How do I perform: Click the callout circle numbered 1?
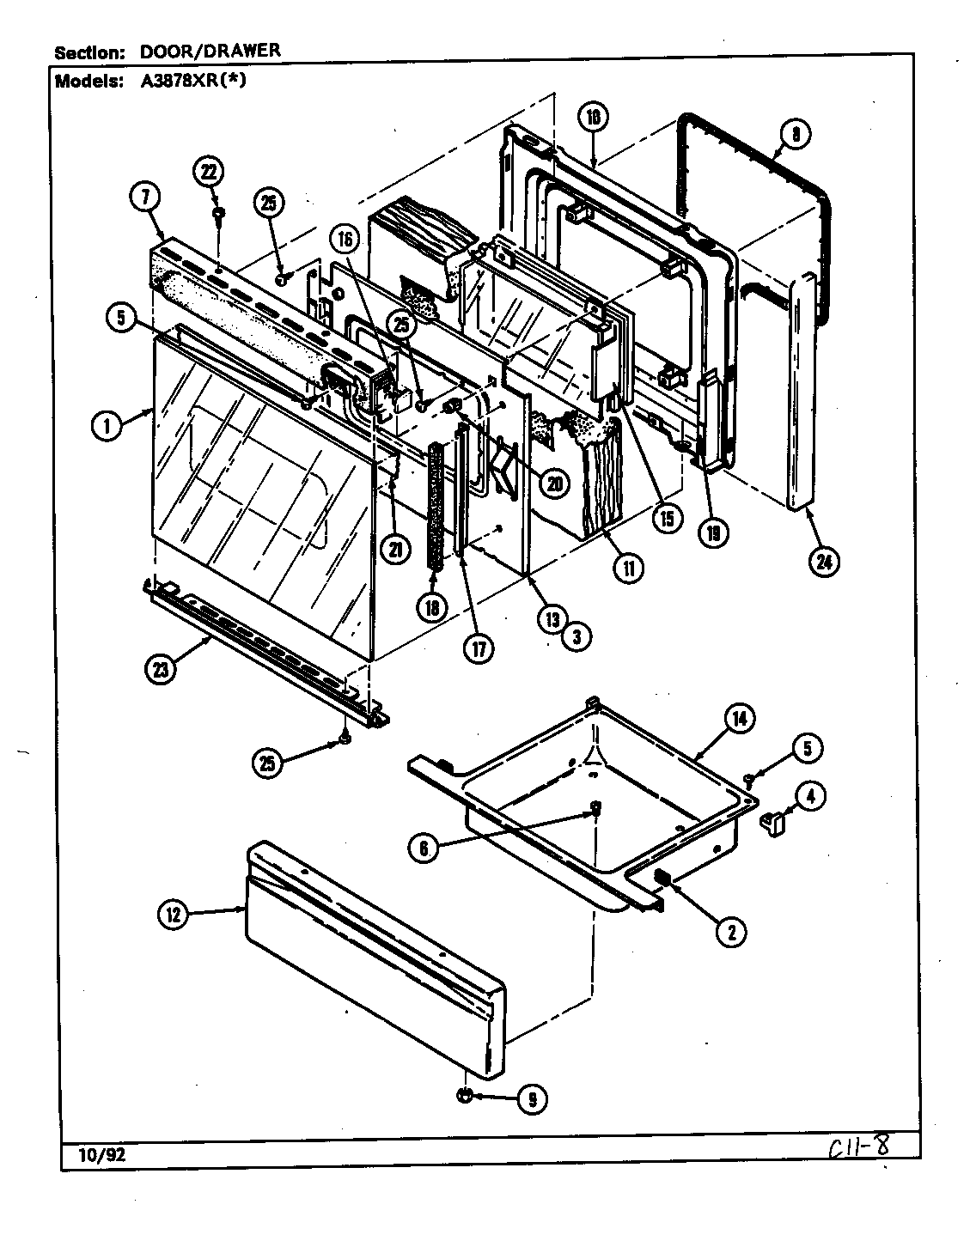click(107, 426)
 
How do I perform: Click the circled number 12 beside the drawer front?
click(174, 915)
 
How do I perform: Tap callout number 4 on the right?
click(811, 795)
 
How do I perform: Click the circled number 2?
click(731, 932)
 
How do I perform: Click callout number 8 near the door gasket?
click(795, 134)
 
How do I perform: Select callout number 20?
click(554, 484)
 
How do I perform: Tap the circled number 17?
click(478, 648)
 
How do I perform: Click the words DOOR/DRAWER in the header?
click(210, 51)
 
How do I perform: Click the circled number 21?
click(394, 551)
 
